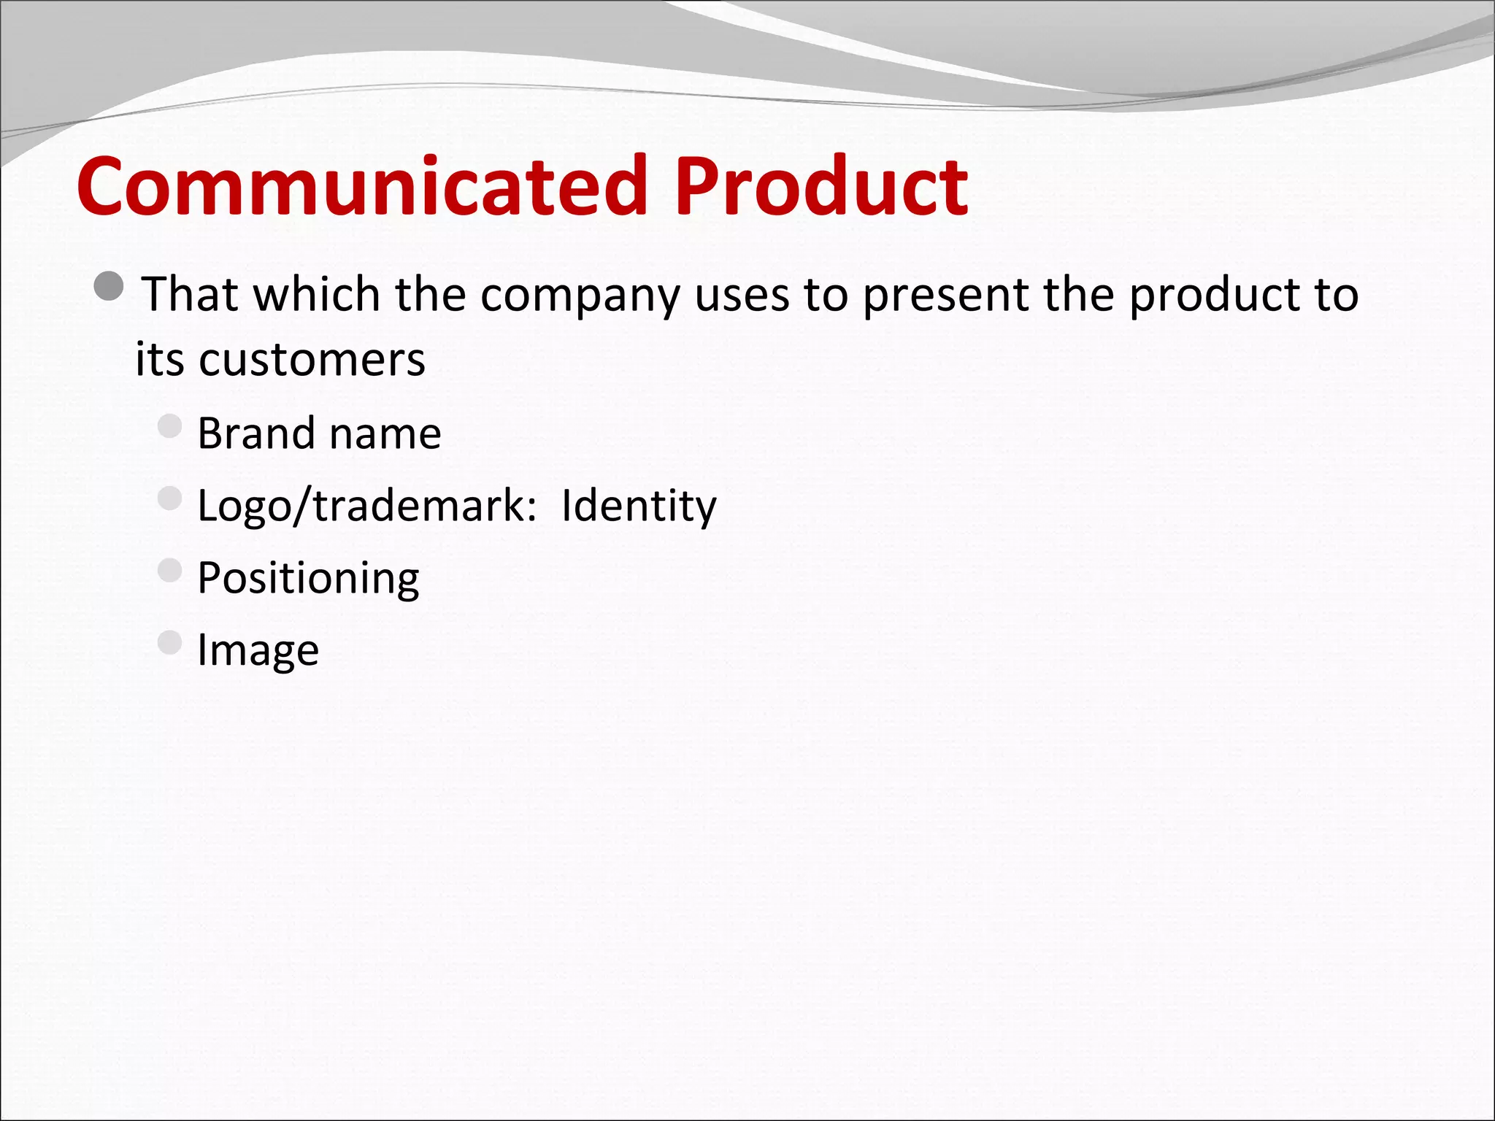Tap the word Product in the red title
coord(821,186)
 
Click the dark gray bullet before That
coord(109,286)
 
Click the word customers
coord(312,360)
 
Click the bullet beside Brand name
coord(169,426)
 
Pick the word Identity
coord(639,506)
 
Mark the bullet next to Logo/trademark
coord(169,498)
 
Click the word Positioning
coord(308,579)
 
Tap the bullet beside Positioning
coord(169,571)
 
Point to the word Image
coord(258,650)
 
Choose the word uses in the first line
coord(742,296)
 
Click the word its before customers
coord(159,360)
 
